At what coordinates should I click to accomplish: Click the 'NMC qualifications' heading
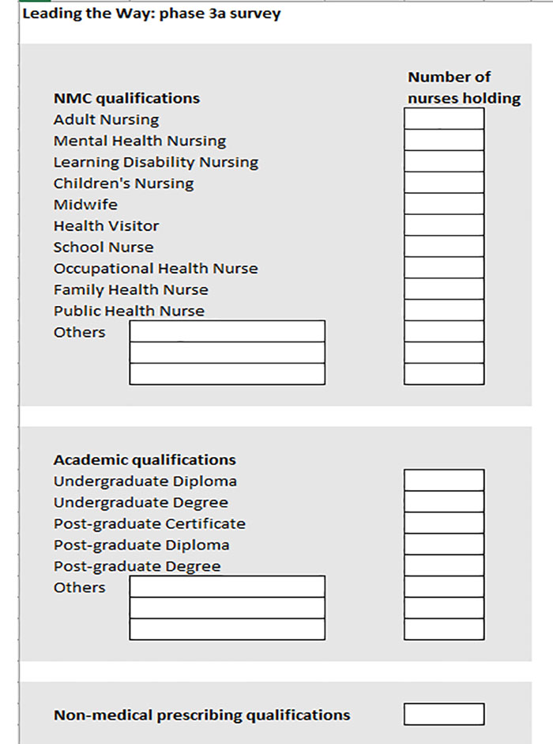tap(126, 98)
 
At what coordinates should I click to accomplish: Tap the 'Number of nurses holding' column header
tap(464, 88)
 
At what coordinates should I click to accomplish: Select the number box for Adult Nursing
tap(444, 119)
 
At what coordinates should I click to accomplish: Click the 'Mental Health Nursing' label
tap(139, 141)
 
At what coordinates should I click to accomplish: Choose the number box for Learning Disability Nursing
tap(444, 162)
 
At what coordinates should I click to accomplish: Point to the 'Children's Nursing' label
tap(123, 183)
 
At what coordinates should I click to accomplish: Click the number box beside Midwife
tap(444, 204)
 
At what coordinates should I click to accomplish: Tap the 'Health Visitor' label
tap(106, 226)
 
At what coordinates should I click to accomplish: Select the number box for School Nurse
tap(444, 247)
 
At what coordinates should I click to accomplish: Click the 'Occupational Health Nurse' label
tap(156, 269)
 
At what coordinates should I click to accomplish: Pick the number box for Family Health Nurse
tap(444, 289)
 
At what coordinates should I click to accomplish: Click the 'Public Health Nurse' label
tap(129, 312)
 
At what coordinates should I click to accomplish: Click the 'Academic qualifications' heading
tap(145, 459)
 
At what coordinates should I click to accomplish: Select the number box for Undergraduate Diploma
tap(444, 481)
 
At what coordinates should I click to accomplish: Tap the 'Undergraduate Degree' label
tap(141, 502)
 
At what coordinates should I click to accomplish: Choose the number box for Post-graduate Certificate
tap(444, 523)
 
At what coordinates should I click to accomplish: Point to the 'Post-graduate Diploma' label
tap(141, 545)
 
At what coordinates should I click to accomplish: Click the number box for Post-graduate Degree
tap(444, 566)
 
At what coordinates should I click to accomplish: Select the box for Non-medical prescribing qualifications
tap(444, 715)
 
